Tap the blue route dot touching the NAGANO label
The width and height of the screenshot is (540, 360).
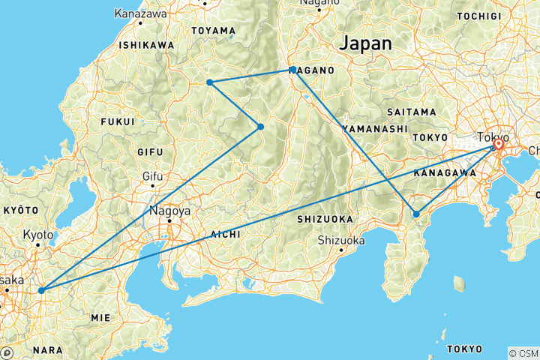click(293, 69)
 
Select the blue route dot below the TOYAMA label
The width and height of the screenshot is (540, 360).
click(210, 82)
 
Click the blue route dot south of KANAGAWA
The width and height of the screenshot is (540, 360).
click(416, 214)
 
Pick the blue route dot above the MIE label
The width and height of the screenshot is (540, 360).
click(40, 289)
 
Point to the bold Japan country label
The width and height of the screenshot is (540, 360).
click(365, 44)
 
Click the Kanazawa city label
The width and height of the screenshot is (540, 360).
click(141, 13)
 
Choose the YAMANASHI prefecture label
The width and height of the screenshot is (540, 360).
click(370, 129)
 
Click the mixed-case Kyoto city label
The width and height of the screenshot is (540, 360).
click(38, 235)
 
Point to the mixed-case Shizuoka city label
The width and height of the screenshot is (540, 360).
click(340, 240)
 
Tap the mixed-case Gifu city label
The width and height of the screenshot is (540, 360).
click(152, 177)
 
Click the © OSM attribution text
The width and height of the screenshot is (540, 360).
click(522, 352)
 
